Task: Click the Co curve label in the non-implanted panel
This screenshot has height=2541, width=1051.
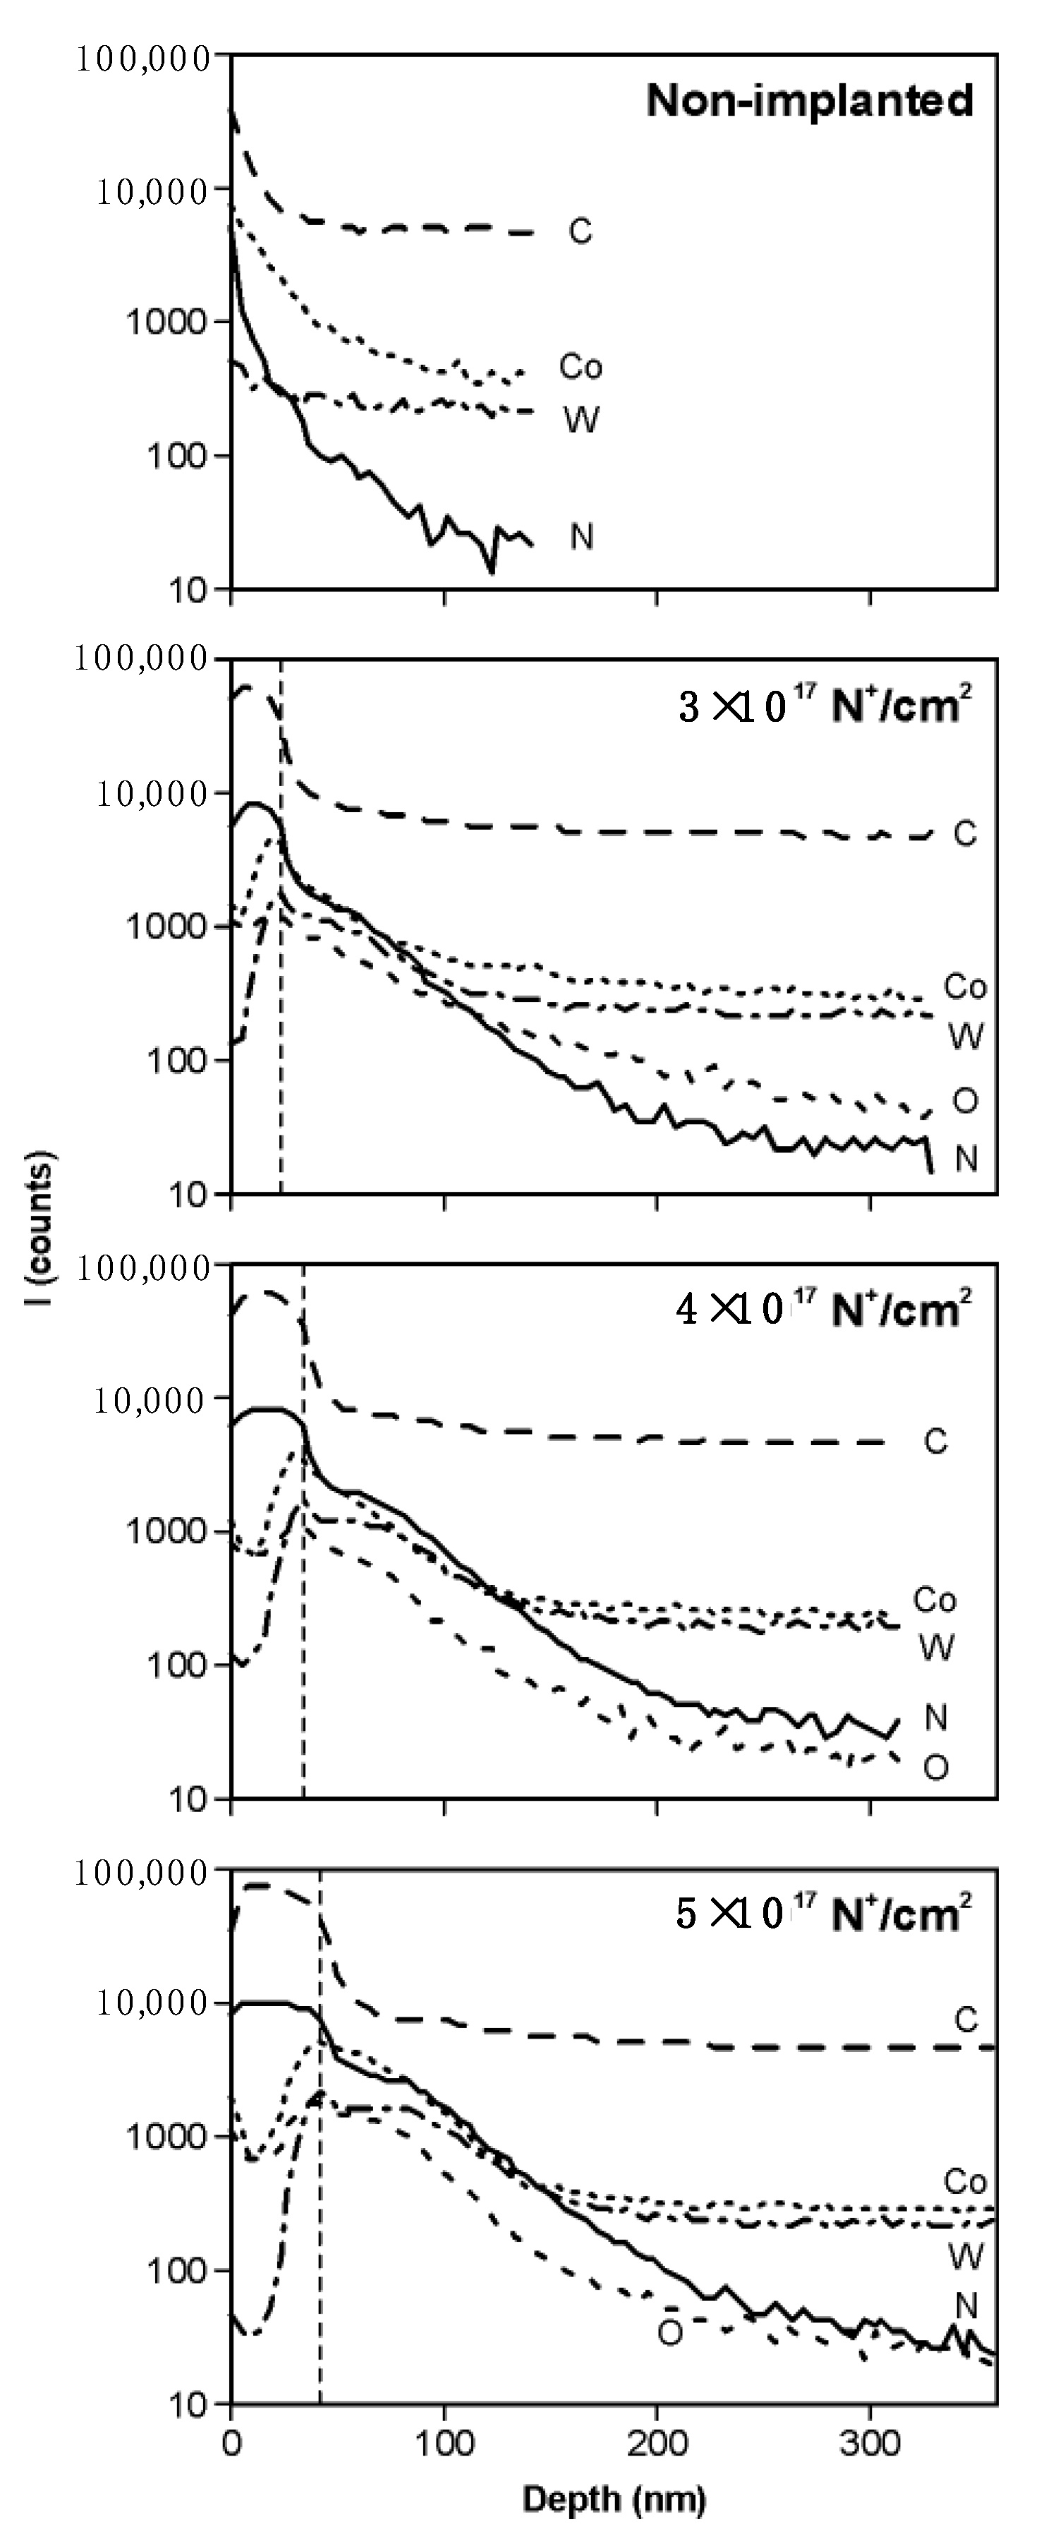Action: (580, 368)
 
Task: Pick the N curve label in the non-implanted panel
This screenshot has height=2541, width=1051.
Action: (582, 538)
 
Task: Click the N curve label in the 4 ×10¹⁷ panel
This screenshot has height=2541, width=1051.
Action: (935, 1718)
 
